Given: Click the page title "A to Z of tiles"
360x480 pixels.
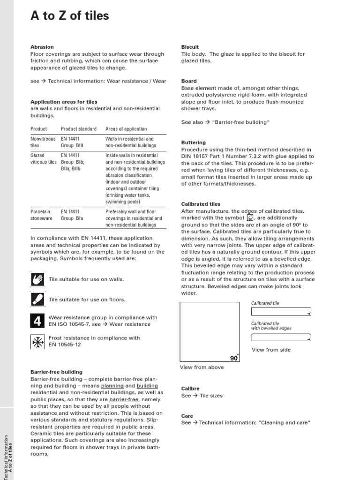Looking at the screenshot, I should click(69, 16).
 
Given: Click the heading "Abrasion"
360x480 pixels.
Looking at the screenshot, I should click(42, 47).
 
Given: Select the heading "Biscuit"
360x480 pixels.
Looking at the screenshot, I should click(190, 47).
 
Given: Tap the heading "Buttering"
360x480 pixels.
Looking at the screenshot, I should click(193, 142).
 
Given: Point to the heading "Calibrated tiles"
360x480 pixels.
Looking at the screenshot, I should click(201, 204).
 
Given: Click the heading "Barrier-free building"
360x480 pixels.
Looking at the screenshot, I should click(56, 372).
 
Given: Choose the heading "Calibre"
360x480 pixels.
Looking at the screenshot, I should click(190, 389).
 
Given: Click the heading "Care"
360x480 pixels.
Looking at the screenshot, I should click(187, 416).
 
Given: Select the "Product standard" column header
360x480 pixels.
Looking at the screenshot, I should click(79, 129).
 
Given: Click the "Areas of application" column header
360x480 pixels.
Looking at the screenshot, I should click(126, 129).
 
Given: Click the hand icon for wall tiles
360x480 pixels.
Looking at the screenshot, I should click(37, 279).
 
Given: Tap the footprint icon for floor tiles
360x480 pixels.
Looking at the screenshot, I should click(37, 299).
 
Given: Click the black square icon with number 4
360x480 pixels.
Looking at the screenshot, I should click(37, 321).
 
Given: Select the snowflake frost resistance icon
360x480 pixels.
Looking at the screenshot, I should click(37, 341).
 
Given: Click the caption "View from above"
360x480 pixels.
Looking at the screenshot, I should click(202, 367).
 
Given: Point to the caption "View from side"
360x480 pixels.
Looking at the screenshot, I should click(271, 350).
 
